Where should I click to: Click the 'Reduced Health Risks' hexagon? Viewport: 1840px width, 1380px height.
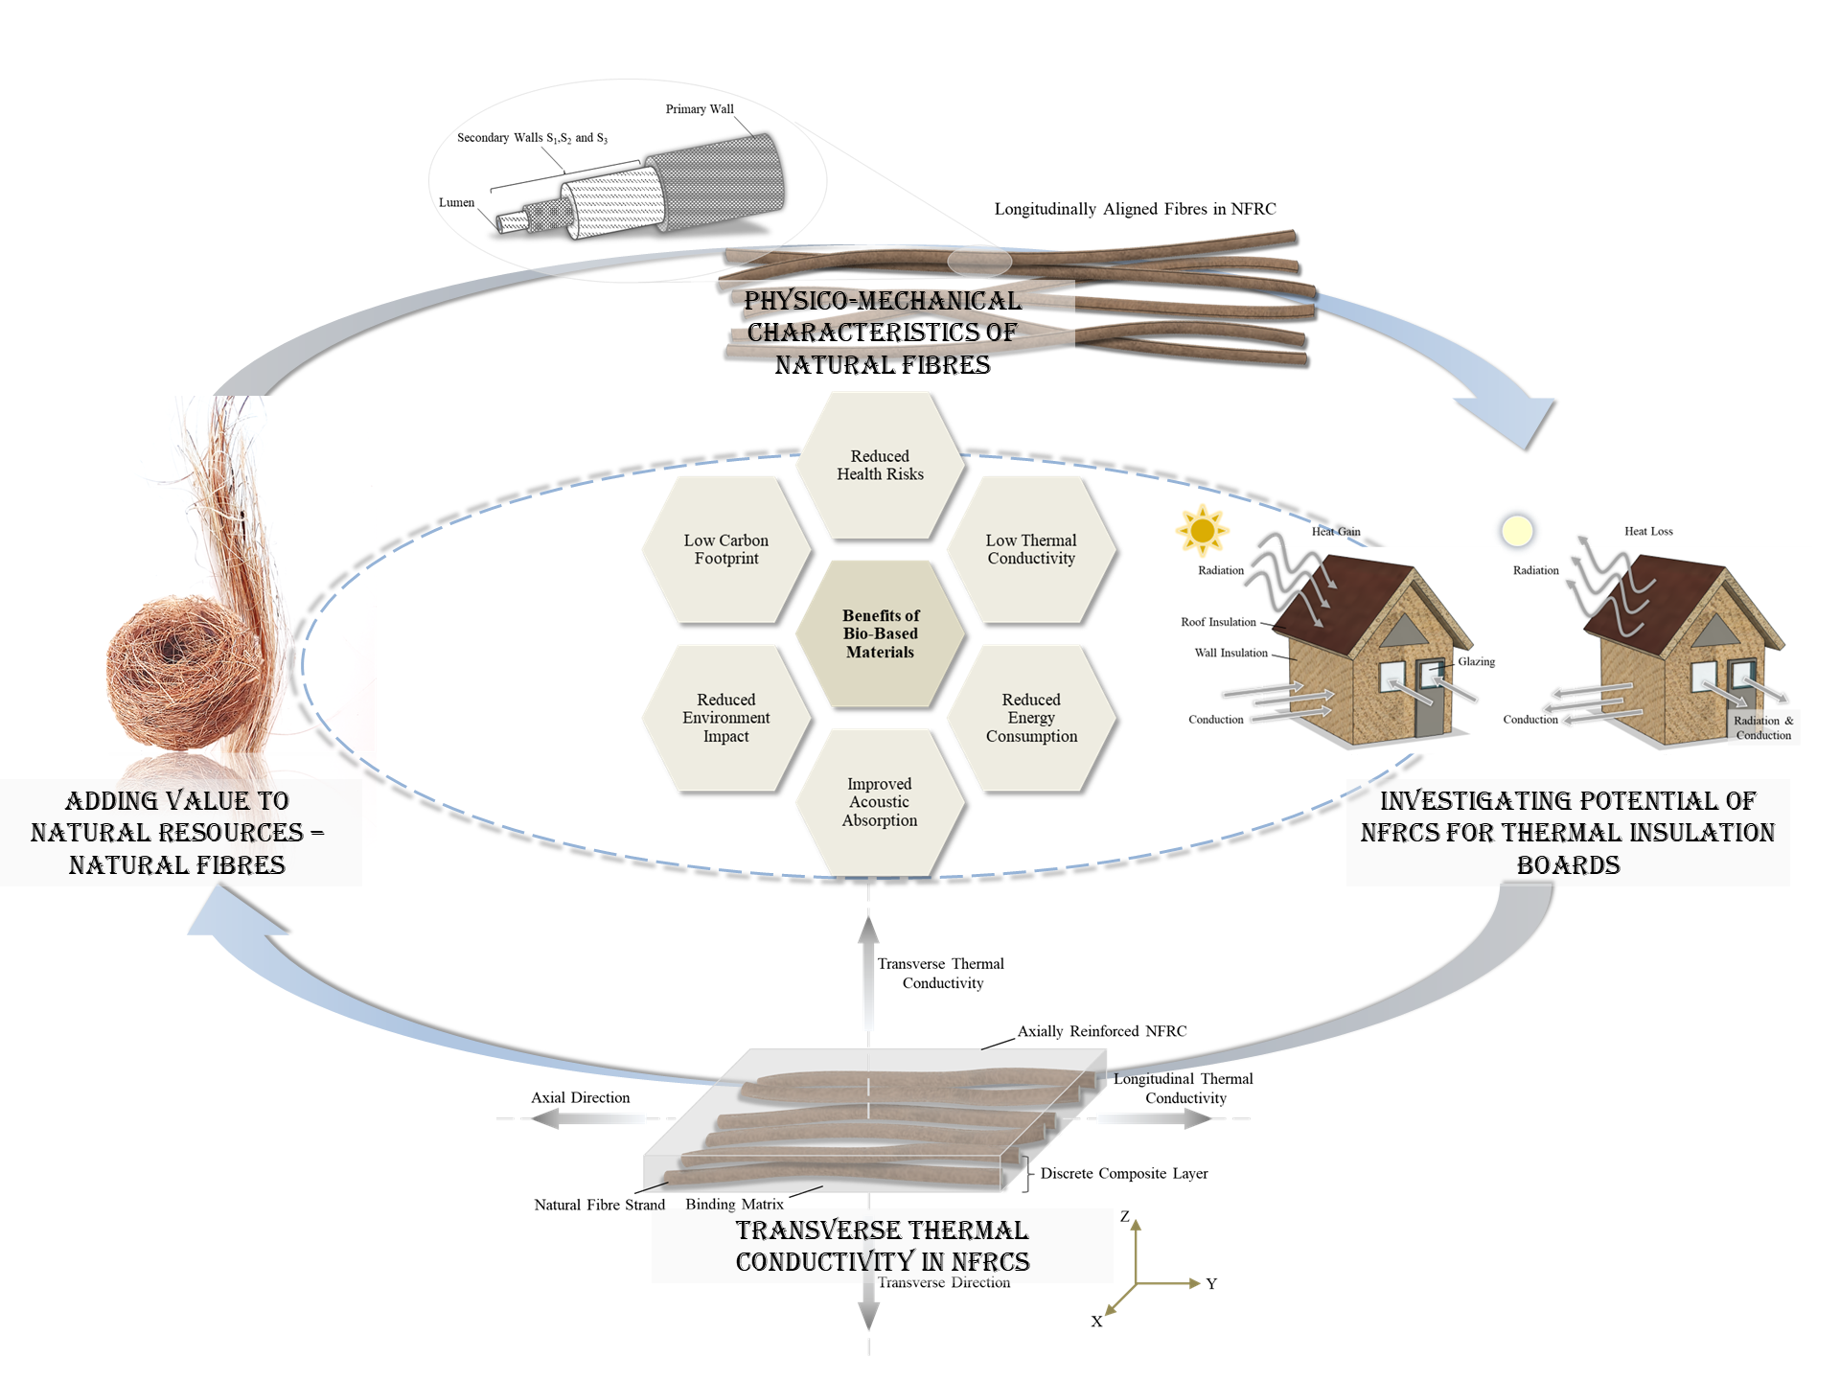pos(880,466)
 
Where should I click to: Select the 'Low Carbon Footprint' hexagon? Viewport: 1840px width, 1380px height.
pos(726,550)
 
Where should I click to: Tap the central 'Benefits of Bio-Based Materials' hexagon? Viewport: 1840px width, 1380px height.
pos(880,633)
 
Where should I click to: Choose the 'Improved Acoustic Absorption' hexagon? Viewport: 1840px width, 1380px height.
pos(880,802)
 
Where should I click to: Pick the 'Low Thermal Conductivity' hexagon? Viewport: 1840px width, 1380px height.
pos(1031,550)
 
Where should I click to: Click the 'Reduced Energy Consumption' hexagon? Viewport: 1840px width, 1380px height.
pos(1031,718)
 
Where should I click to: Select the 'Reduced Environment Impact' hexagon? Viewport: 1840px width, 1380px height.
pos(726,718)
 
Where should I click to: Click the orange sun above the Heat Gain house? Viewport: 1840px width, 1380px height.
pos(1202,530)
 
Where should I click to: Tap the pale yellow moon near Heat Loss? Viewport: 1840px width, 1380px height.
pos(1517,530)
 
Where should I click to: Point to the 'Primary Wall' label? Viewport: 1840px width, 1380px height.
pos(700,109)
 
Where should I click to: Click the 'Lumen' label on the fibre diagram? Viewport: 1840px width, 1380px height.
pos(456,203)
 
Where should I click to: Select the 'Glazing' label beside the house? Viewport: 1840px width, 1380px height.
pos(1476,662)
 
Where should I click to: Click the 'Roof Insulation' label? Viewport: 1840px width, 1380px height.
pos(1218,622)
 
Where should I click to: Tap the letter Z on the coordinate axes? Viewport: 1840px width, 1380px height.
pos(1125,1217)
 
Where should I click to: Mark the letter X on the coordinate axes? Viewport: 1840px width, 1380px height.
pos(1096,1322)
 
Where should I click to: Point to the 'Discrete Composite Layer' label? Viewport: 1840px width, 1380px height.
pos(1124,1174)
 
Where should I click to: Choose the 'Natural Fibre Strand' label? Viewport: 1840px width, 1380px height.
pos(599,1206)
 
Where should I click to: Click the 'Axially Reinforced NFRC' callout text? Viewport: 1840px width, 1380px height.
pos(1102,1032)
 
